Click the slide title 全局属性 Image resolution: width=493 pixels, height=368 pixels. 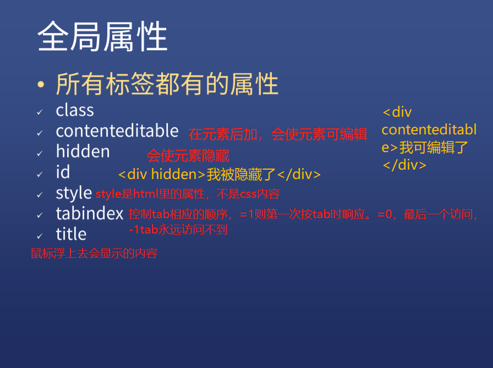click(102, 36)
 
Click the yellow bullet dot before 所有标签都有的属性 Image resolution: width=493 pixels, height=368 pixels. click(41, 84)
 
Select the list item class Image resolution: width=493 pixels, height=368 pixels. click(75, 110)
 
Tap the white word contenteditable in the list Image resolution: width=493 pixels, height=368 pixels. click(117, 131)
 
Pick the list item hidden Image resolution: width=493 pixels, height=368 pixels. click(83, 151)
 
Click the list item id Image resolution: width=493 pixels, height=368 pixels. click(63, 172)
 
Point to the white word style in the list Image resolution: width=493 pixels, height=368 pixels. click(74, 193)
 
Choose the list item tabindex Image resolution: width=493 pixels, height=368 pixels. click(90, 213)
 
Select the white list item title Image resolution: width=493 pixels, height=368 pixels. click(71, 234)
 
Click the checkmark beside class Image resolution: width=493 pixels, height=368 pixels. click(40, 112)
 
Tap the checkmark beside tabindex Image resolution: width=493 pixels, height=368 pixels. click(40, 215)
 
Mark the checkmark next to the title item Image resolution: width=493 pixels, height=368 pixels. click(40, 236)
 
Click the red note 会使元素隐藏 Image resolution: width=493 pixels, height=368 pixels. click(188, 155)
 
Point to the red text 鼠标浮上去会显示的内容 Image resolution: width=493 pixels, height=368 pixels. click(94, 253)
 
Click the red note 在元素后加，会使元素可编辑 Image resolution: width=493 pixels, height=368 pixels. click(278, 134)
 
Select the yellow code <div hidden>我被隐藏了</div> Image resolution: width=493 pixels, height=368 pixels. click(220, 175)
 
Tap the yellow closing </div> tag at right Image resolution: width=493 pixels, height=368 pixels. click(404, 165)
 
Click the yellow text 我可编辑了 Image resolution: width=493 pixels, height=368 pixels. click(434, 147)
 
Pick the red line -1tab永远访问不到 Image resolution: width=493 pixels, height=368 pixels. click(178, 230)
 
